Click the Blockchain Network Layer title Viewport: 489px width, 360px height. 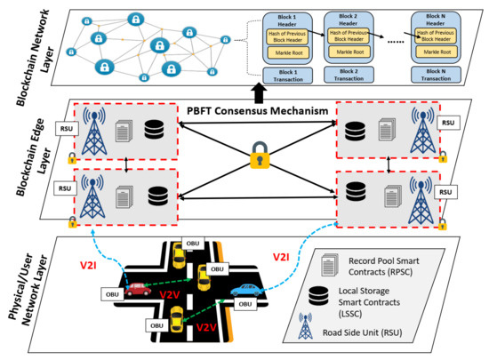click(20, 49)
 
